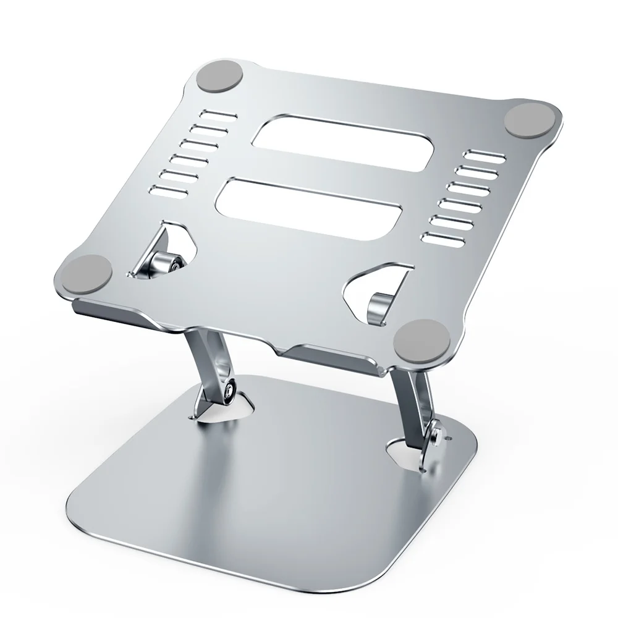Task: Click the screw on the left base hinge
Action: pos(231,391)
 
